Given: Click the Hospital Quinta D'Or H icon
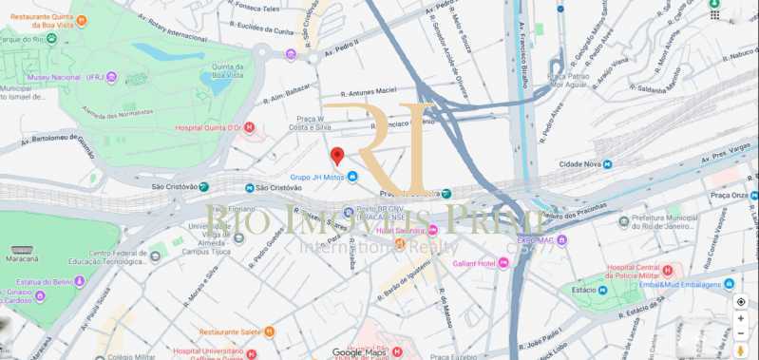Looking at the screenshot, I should pos(249,127).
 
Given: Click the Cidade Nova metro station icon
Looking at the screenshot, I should pos(607,164).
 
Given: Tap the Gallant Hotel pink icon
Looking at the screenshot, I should pos(503,262).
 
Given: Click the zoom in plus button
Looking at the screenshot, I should pos(741,318).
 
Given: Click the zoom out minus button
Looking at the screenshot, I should pos(741,333).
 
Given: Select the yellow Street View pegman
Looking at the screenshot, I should pos(741,351).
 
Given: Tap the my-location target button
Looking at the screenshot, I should pos(741,301).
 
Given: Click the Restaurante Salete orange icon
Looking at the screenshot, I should pos(269,332).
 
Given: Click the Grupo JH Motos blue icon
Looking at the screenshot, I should pos(352,177).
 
